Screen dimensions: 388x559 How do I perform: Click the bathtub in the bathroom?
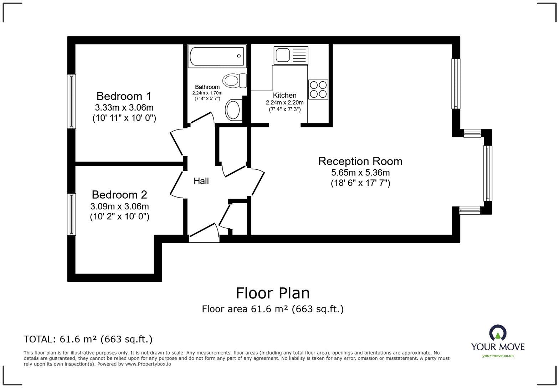217,56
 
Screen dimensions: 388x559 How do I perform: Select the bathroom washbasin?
234,109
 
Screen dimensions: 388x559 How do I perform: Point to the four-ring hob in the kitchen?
318,89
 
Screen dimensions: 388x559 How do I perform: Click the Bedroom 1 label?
124,96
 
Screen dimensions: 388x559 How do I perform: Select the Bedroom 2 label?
119,194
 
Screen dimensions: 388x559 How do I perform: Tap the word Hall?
201,181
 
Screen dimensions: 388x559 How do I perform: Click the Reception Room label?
360,161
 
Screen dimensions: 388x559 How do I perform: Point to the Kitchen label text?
284,95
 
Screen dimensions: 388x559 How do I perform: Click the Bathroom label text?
207,87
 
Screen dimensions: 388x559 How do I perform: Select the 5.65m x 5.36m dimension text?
360,173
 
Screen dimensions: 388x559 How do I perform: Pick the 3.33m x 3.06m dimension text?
124,107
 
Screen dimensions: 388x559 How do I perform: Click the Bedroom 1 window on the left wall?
72,101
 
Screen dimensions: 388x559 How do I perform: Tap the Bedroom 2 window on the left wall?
72,214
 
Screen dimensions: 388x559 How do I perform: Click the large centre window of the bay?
487,173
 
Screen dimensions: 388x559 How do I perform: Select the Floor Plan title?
273,293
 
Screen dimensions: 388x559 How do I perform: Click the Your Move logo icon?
498,333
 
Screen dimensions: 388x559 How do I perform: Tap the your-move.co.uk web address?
498,356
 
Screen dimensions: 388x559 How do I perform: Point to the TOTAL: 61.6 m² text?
88,339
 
